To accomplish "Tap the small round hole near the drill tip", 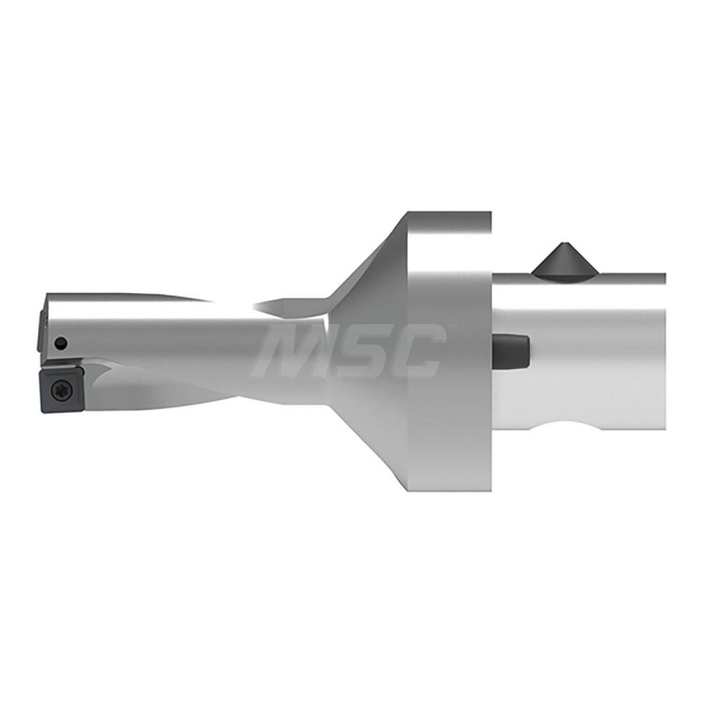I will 62,343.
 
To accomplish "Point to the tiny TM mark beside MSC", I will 452,328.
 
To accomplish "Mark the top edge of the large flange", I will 450,214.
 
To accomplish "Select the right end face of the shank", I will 664,351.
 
